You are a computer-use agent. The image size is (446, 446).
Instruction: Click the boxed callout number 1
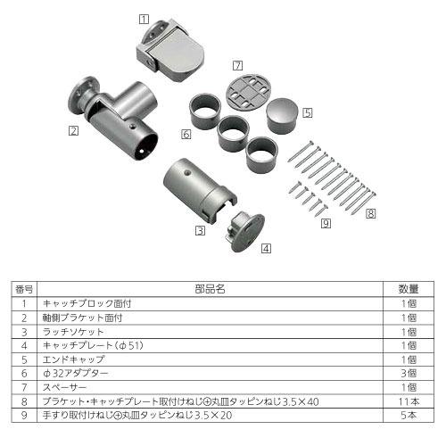tap(145, 18)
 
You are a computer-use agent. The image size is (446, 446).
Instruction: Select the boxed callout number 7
tap(237, 65)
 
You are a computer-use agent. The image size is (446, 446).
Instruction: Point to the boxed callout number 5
tap(308, 113)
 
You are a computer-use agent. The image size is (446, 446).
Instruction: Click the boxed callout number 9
tap(326, 223)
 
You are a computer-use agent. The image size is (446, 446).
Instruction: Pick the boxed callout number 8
tap(370, 213)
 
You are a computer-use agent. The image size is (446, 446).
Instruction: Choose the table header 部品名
tap(210, 290)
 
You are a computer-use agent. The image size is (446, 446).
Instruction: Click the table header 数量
tap(409, 290)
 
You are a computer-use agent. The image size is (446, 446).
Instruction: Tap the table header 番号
tap(25, 290)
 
